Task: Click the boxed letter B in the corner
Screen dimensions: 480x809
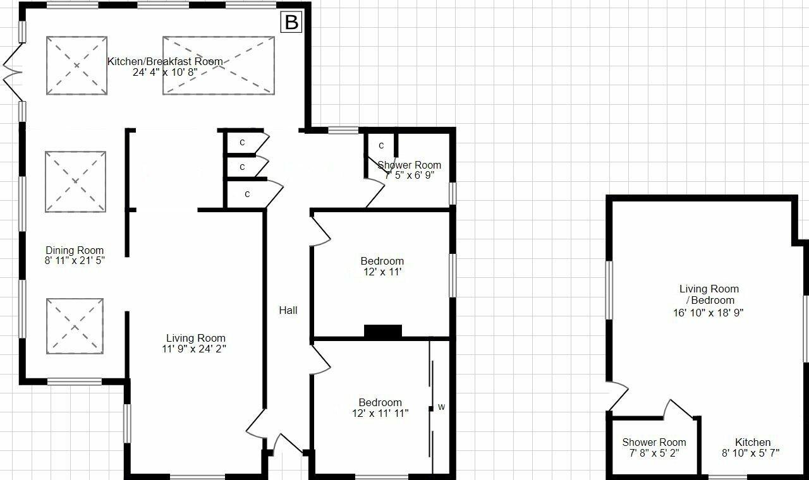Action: coord(291,23)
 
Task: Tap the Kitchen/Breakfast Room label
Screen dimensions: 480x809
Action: coord(165,61)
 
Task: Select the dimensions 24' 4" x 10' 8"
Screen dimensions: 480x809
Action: coord(165,72)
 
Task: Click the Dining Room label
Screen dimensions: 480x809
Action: coord(75,250)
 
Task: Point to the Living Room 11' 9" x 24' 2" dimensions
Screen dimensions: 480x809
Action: coord(195,349)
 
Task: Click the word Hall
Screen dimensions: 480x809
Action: coord(288,310)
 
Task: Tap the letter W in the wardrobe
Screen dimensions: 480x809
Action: coord(441,407)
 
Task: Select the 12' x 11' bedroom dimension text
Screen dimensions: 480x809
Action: coord(382,272)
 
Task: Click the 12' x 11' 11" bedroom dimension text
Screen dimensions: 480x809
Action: coord(380,414)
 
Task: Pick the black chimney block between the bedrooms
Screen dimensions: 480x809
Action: coord(383,331)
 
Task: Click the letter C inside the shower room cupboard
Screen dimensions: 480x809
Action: coord(381,146)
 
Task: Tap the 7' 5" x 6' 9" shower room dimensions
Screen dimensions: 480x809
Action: coord(410,176)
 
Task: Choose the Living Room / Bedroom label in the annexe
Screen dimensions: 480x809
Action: coord(709,294)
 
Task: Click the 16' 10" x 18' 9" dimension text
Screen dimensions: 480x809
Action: coord(709,312)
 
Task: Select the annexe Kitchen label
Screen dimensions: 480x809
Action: coord(752,442)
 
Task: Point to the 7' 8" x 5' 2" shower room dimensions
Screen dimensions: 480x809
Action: coord(654,453)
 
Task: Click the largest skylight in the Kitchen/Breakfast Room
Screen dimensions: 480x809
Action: coord(219,66)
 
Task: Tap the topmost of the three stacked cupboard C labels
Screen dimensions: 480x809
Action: coord(242,143)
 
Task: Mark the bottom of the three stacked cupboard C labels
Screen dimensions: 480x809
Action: coord(247,194)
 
